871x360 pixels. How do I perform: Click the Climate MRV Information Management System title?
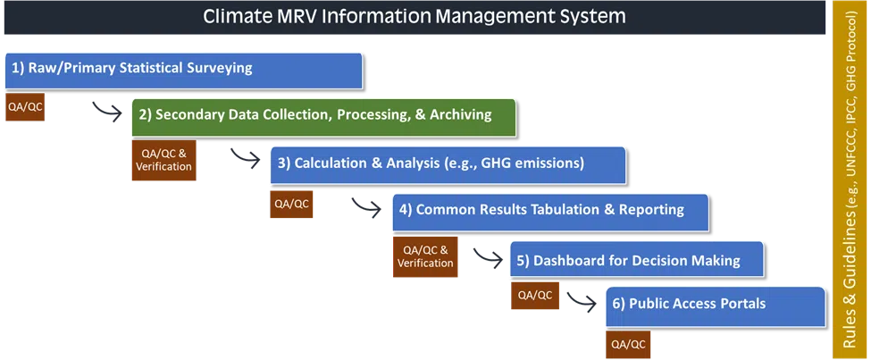point(415,17)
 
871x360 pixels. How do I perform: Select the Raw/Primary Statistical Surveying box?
point(183,71)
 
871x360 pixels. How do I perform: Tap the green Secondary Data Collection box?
point(324,117)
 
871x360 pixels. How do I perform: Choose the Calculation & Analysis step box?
point(448,165)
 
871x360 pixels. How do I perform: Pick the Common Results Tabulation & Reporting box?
point(550,213)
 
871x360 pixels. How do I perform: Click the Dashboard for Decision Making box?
point(637,259)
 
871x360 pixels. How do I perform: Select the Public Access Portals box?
point(716,306)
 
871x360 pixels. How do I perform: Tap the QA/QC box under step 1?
point(24,107)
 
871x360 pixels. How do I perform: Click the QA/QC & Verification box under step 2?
point(163,160)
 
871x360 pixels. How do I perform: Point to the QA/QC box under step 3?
point(291,204)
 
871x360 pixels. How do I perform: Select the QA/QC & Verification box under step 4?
point(425,256)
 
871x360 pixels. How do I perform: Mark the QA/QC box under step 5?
point(535,296)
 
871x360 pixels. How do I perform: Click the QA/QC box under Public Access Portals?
point(628,345)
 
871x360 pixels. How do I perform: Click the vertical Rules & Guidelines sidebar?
point(850,179)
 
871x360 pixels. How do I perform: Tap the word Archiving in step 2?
point(464,115)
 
